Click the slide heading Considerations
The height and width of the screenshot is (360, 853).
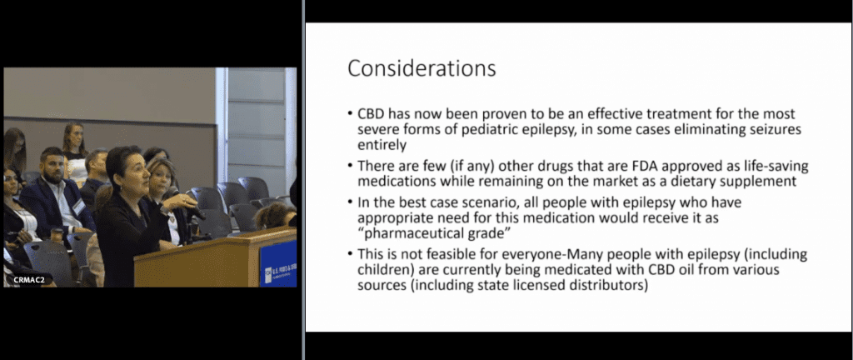pos(422,68)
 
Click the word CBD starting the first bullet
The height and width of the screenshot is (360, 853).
pos(369,115)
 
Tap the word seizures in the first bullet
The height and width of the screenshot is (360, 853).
pos(774,130)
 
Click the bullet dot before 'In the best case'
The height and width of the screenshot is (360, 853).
pos(351,202)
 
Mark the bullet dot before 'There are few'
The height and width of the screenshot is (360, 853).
pos(351,167)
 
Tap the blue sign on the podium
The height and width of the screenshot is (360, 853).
pos(277,263)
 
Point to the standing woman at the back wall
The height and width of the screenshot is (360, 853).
pos(74,147)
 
